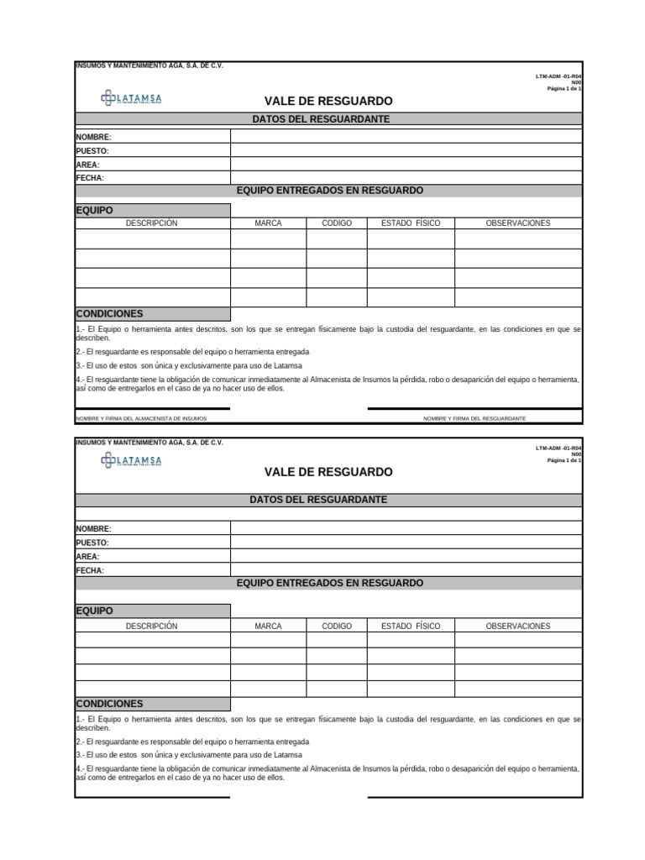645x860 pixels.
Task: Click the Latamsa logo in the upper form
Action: click(131, 98)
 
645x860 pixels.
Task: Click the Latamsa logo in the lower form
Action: click(131, 459)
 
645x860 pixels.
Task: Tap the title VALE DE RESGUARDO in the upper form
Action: click(328, 101)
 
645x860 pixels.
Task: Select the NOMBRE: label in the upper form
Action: click(93, 137)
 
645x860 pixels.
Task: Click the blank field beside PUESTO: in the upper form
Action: click(406, 150)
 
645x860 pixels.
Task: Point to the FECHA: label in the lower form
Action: click(90, 570)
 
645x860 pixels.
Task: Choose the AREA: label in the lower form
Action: click(87, 557)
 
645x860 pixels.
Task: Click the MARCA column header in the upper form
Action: click(268, 223)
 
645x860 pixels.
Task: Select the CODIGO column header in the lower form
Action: click(337, 626)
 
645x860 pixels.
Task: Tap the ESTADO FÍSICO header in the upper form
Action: click(411, 223)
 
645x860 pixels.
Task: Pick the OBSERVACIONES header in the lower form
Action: click(518, 626)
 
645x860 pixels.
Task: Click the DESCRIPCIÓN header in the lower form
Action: click(152, 626)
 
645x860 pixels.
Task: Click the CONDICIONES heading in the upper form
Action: click(109, 313)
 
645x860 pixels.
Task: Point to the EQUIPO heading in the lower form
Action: click(94, 611)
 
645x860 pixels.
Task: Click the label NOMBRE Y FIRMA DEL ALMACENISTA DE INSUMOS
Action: click(141, 418)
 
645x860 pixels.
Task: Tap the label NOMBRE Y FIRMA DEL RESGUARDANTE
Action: click(475, 418)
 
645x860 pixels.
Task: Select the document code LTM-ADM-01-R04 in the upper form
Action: click(558, 76)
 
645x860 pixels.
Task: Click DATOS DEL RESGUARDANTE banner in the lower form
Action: click(318, 500)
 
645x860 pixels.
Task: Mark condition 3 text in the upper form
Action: click(189, 365)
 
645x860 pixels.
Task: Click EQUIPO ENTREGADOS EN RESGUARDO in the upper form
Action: click(329, 191)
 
